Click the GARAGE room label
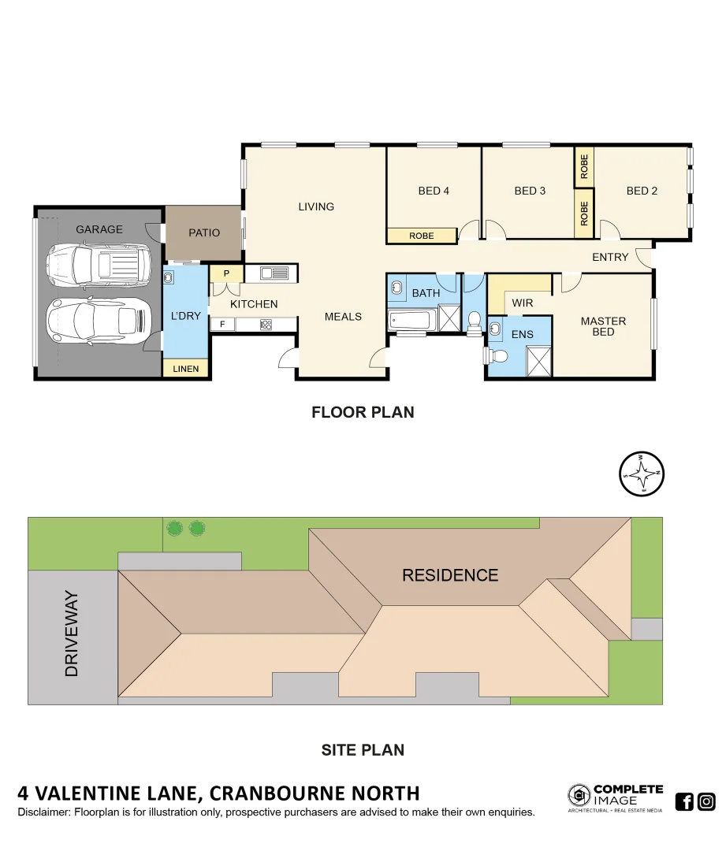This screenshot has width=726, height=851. (x=99, y=229)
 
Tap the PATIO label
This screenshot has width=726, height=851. (x=204, y=232)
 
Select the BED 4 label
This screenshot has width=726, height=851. (x=434, y=191)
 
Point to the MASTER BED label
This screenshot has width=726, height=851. (x=603, y=326)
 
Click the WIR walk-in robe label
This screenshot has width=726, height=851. (x=522, y=303)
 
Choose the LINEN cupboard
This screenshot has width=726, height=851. (x=186, y=369)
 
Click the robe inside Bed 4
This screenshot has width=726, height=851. (x=422, y=236)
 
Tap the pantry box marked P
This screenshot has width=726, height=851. (x=226, y=273)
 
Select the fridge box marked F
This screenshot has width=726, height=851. (x=222, y=324)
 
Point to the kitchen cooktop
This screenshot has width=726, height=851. (x=266, y=324)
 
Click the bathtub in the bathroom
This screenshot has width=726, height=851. (x=410, y=321)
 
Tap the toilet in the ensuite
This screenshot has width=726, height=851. (x=498, y=355)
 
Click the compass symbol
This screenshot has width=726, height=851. (x=644, y=474)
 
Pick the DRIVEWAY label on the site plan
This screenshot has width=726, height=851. (x=72, y=634)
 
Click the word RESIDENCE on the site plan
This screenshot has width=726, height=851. (x=450, y=575)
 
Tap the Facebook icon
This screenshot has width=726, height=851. (x=684, y=802)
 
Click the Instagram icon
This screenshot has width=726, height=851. (x=706, y=802)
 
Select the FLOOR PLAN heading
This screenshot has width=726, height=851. (x=363, y=412)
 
